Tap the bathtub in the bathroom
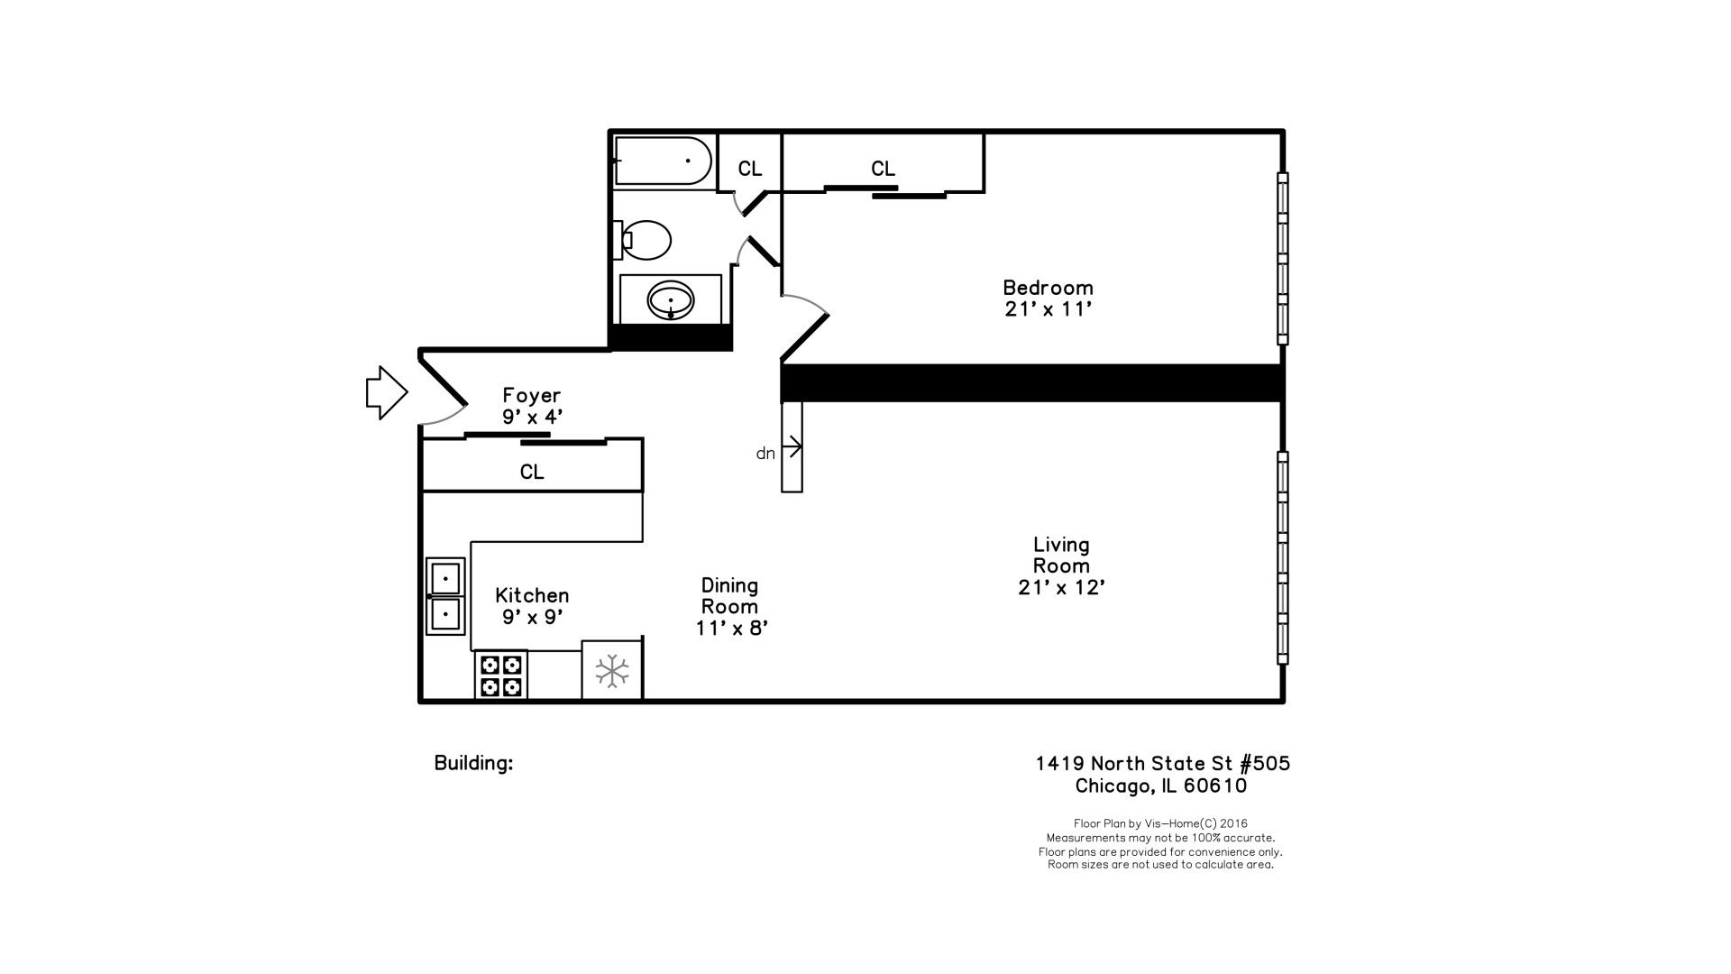[663, 161]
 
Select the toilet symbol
[646, 240]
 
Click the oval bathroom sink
[671, 300]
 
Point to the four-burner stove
[501, 675]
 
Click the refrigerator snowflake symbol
[612, 671]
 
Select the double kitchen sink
[445, 596]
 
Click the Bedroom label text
[1048, 288]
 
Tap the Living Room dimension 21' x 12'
[1061, 588]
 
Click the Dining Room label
[729, 596]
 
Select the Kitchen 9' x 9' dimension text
[532, 617]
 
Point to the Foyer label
[532, 395]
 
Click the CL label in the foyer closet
[532, 472]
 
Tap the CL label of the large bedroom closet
[883, 169]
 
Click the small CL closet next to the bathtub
[749, 169]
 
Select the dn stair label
[765, 454]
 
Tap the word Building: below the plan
[473, 763]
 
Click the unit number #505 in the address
[1265, 764]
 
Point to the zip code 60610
[1215, 786]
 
